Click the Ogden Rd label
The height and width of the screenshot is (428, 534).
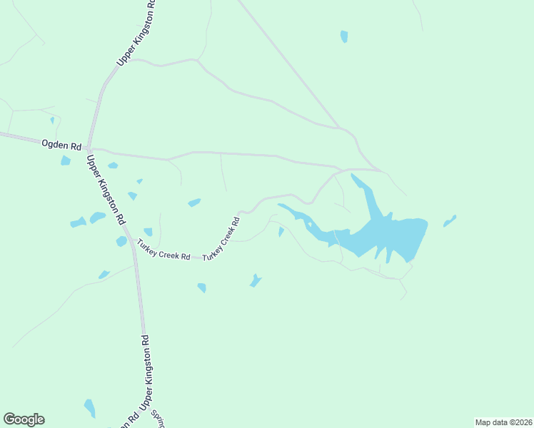(61, 145)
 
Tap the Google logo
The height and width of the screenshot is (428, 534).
(24, 419)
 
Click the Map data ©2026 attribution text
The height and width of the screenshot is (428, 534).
(503, 422)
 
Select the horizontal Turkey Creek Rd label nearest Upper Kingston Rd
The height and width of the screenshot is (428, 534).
(164, 252)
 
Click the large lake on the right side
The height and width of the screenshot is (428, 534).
(389, 235)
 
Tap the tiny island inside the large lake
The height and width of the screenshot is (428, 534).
(310, 224)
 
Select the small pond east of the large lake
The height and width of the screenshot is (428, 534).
(449, 221)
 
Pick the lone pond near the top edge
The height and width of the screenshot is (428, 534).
(344, 36)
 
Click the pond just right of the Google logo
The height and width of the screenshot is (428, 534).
(89, 407)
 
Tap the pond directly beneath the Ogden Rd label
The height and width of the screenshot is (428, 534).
(66, 160)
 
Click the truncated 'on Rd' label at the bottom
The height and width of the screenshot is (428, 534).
(123, 420)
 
